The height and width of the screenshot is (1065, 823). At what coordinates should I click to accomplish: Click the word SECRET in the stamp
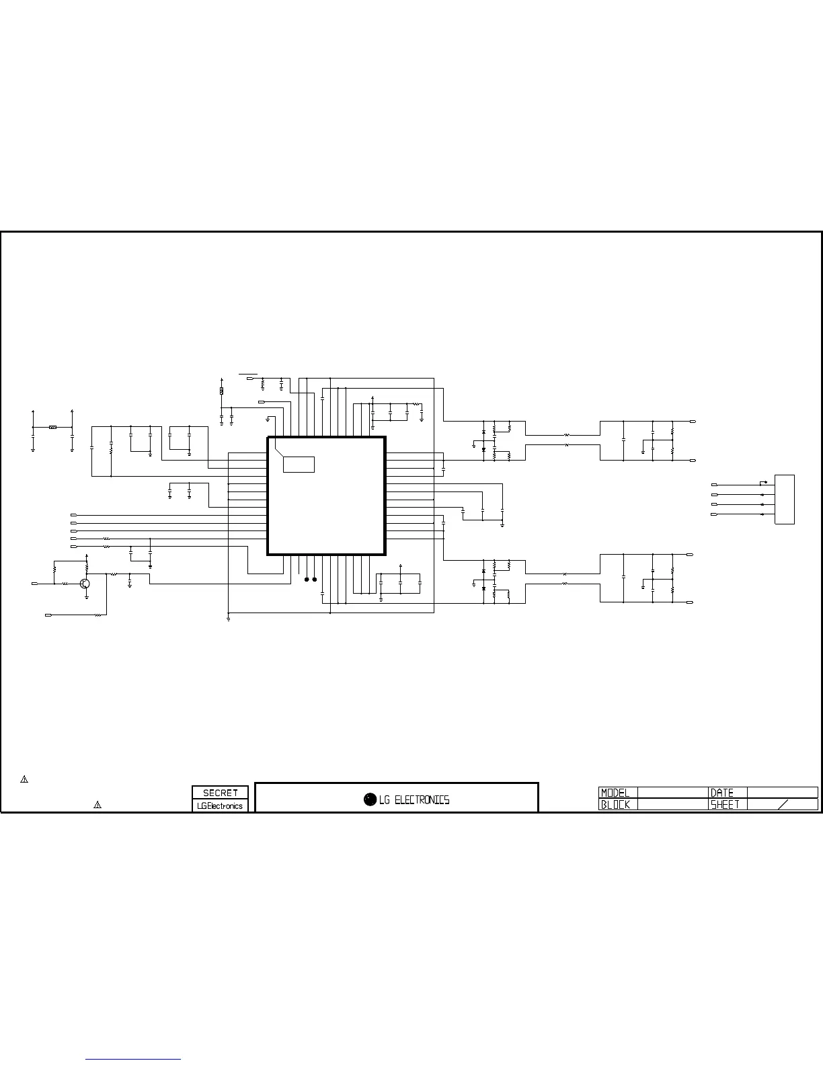pyautogui.click(x=220, y=793)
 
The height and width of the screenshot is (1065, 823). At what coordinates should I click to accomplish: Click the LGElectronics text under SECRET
pyautogui.click(x=220, y=805)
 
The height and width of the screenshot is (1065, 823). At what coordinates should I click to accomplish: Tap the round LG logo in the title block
pyautogui.click(x=370, y=799)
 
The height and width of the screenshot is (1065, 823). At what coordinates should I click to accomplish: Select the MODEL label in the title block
pyautogui.click(x=615, y=793)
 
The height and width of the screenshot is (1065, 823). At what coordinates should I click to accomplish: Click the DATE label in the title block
pyautogui.click(x=722, y=793)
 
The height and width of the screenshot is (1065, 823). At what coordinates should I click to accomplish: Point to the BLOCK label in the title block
pyautogui.click(x=615, y=804)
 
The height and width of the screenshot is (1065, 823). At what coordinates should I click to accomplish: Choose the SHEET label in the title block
pyautogui.click(x=725, y=804)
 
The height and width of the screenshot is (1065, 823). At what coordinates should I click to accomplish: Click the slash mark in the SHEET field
pyautogui.click(x=783, y=804)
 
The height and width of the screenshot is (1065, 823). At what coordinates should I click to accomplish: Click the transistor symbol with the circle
pyautogui.click(x=85, y=584)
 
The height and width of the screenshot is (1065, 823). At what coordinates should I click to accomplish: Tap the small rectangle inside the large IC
pyautogui.click(x=299, y=464)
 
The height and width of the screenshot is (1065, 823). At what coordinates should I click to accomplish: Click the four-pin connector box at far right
pyautogui.click(x=785, y=499)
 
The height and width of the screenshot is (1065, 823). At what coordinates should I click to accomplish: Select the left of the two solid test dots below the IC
pyautogui.click(x=307, y=579)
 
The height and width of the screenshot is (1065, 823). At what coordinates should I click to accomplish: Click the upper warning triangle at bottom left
pyautogui.click(x=24, y=779)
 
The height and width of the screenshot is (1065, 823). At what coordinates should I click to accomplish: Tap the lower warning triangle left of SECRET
pyautogui.click(x=97, y=805)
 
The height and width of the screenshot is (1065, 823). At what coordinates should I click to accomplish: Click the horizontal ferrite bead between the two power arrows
pyautogui.click(x=52, y=427)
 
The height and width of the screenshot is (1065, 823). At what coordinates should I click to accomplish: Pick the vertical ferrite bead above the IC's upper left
pyautogui.click(x=222, y=391)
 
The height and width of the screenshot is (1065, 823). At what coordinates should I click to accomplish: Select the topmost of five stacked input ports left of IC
pyautogui.click(x=73, y=515)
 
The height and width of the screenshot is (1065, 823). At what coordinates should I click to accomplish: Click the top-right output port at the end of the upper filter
pyautogui.click(x=693, y=422)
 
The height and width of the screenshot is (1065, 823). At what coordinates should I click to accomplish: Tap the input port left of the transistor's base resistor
pyautogui.click(x=34, y=584)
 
